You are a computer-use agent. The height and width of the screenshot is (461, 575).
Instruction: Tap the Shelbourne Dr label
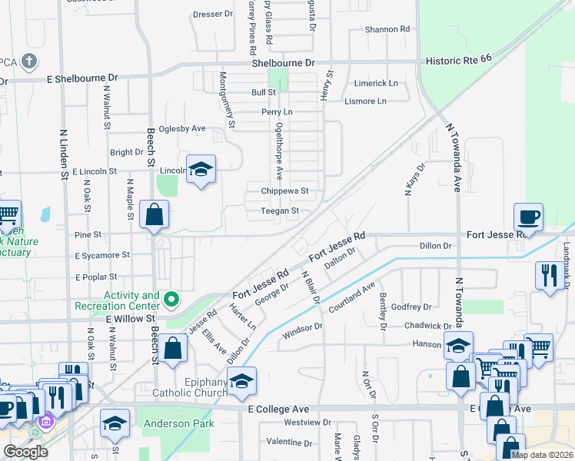[284, 62]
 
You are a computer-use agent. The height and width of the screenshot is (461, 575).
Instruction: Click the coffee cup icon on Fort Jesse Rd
[528, 216]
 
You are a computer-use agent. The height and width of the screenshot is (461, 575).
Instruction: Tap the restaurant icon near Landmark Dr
[549, 275]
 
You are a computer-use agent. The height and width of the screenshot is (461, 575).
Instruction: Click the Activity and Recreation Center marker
[173, 300]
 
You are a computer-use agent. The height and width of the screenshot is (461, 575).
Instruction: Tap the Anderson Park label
[168, 422]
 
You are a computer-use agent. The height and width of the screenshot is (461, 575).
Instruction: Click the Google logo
[25, 452]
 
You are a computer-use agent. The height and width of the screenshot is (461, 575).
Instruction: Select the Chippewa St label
[284, 191]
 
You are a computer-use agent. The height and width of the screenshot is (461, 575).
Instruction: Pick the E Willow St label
[131, 317]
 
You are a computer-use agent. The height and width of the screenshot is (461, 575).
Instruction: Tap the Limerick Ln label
[376, 83]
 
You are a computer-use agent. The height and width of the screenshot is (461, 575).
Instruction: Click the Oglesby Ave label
[178, 128]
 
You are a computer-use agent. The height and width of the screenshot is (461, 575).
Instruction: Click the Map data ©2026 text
[541, 455]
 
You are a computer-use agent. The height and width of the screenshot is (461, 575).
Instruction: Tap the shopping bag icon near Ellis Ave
[174, 347]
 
